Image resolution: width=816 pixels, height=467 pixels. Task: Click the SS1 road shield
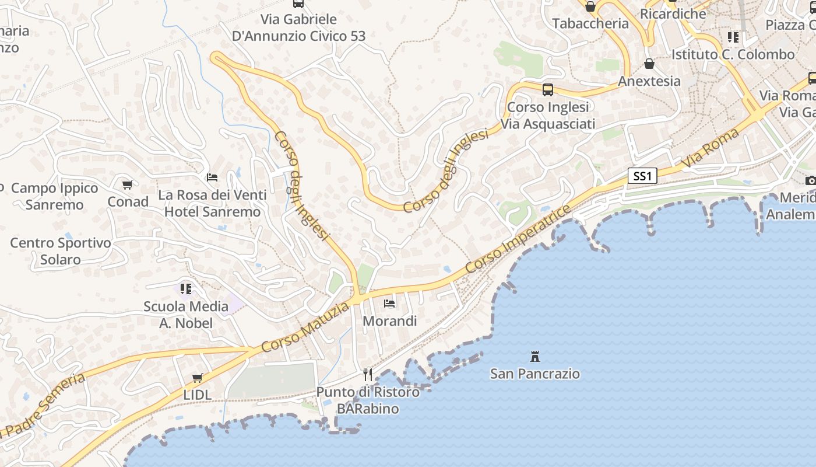pos(642,176)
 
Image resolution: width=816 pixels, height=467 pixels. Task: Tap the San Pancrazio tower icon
pos(534,356)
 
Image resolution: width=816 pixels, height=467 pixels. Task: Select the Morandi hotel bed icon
pos(389,303)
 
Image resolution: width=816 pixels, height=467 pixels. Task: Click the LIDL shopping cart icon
pos(198,378)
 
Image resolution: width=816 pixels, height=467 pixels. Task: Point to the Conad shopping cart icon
pos(128,184)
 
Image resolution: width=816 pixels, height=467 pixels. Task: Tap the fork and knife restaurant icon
pos(368,374)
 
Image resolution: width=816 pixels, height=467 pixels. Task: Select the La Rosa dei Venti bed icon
pos(212,177)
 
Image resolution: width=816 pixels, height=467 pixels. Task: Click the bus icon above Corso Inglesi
pos(547,89)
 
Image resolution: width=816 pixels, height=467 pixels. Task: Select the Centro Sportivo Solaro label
pos(61,251)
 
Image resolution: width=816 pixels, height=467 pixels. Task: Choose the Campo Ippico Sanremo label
pos(55,196)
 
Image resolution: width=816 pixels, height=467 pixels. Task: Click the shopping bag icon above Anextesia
pos(649,64)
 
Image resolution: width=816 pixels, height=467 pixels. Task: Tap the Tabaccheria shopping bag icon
pos(590,6)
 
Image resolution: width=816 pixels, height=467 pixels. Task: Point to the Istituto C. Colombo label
pos(733,54)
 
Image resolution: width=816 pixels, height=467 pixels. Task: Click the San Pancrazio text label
pos(534,374)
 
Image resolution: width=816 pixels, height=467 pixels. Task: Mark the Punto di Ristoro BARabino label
pos(368,400)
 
